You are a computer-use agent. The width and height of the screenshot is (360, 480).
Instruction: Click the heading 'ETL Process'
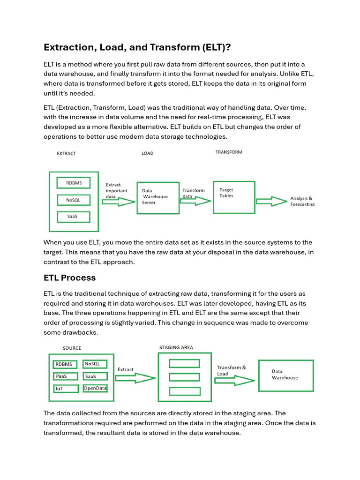[69, 277]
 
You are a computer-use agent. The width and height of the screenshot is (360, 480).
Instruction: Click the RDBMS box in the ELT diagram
[73, 182]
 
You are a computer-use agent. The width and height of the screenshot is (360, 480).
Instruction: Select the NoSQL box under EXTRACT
[73, 200]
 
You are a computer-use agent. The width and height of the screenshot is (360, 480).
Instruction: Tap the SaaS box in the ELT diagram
[73, 217]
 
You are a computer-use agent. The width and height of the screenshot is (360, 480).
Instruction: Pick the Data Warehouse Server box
[158, 197]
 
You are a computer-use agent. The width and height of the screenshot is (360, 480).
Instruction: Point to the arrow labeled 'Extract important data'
[119, 202]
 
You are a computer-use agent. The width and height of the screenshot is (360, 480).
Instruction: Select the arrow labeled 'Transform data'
[196, 201]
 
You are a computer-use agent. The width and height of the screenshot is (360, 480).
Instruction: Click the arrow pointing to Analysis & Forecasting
[271, 201]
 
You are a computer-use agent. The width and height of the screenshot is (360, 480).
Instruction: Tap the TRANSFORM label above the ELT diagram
[229, 152]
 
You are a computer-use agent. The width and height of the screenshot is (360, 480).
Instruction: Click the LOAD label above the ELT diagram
[147, 153]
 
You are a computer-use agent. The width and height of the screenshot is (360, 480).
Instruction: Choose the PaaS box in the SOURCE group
[66, 376]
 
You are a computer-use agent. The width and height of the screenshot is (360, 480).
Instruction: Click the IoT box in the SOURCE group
[66, 388]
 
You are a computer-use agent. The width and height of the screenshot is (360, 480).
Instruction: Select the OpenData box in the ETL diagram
[95, 388]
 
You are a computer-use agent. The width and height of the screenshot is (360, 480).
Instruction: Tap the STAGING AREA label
[176, 347]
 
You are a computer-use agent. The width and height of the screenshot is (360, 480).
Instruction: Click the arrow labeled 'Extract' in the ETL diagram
[135, 377]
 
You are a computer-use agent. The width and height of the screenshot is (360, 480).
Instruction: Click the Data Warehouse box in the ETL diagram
[286, 375]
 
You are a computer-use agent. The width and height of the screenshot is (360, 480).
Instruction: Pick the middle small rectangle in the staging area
[184, 377]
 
